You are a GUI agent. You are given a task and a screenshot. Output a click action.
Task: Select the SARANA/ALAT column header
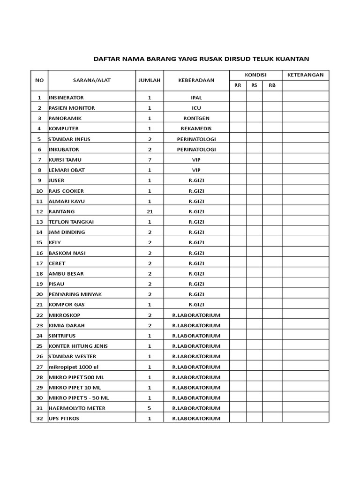point(91,80)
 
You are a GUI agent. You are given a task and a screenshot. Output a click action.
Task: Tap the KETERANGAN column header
point(305,75)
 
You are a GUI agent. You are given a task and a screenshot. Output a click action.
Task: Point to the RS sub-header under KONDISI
point(254,85)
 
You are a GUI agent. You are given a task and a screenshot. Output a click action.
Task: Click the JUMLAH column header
point(150,80)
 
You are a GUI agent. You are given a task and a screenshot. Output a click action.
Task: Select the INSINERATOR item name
point(66,97)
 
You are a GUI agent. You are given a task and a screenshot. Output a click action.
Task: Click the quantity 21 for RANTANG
point(150,211)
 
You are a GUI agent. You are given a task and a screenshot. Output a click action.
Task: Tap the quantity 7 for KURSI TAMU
point(150,160)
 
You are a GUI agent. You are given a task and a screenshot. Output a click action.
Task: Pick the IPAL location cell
point(196,97)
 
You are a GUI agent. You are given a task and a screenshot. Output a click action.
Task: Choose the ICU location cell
point(196,108)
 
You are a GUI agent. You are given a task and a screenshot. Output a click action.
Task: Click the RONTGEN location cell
point(196,118)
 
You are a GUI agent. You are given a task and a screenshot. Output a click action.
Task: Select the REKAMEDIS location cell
point(196,128)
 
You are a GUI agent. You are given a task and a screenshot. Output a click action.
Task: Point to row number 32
point(39,418)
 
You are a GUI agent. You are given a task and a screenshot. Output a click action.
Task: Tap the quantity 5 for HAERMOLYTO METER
point(150,408)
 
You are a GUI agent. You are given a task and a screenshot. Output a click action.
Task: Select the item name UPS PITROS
point(64,418)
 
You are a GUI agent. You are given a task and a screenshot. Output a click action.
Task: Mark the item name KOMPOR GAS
point(66,305)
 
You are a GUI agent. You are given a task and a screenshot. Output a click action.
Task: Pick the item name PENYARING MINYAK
point(75,294)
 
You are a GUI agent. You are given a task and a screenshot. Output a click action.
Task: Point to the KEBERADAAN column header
point(196,80)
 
